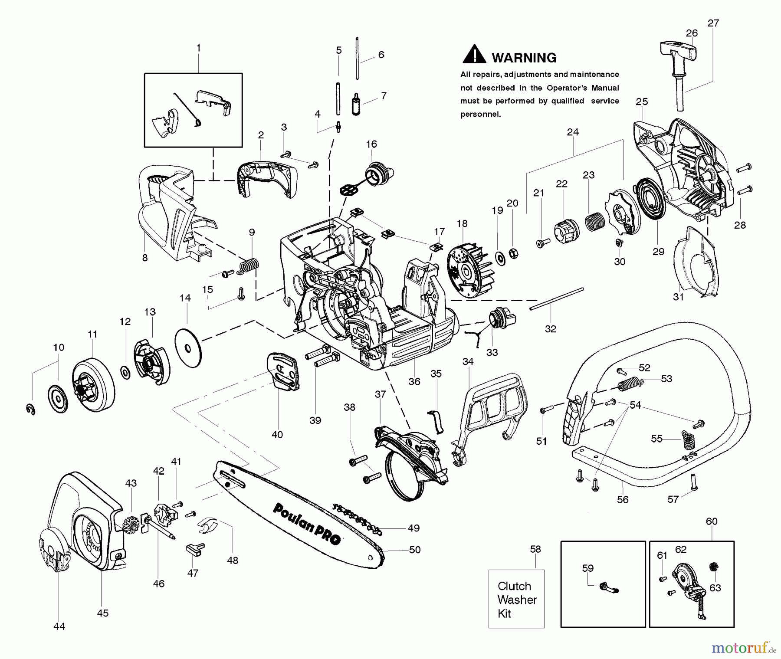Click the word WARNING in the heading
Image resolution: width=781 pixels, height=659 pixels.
[x=524, y=58]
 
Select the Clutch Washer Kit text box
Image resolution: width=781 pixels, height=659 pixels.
[x=516, y=599]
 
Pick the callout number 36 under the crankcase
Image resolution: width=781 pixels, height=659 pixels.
[x=414, y=381]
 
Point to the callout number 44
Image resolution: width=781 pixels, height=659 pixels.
[x=59, y=626]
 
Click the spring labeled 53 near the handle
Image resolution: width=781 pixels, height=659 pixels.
[x=630, y=384]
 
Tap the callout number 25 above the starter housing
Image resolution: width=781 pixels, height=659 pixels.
[x=642, y=102]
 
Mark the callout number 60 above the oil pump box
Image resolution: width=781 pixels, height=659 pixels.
[x=712, y=521]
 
